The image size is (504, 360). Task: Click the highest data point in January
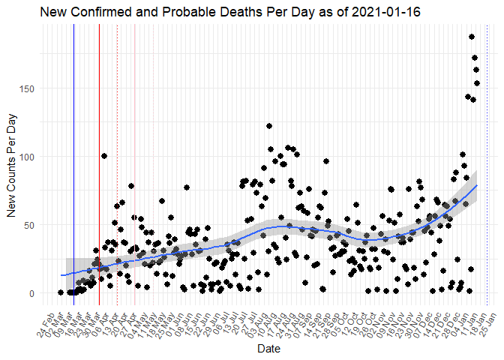(x=472, y=37)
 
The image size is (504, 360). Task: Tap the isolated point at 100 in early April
(x=104, y=156)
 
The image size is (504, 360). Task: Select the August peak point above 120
(x=269, y=126)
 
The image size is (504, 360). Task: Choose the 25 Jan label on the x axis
(x=488, y=321)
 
